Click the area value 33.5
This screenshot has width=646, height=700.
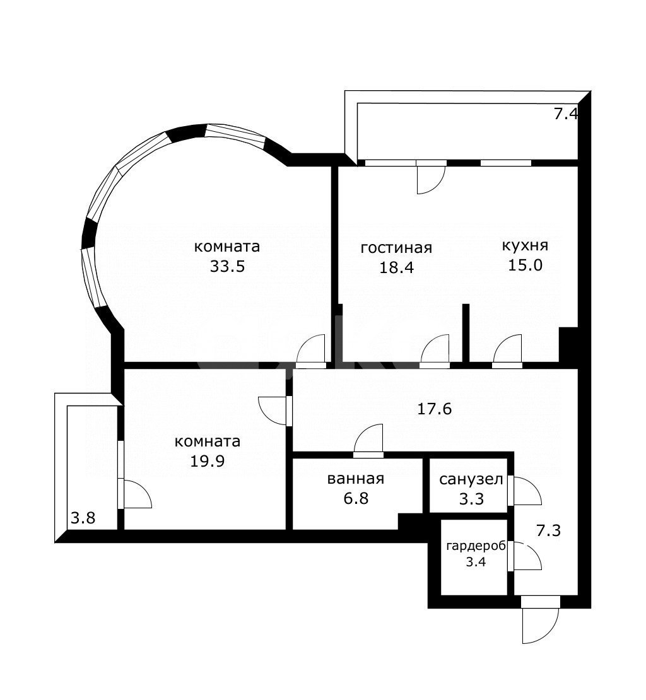[x=226, y=266]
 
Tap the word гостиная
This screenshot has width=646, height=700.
[x=396, y=247]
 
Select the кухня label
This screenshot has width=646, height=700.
[x=525, y=245]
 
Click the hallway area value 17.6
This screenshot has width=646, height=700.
[x=434, y=409]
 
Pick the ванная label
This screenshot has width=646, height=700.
[x=355, y=479]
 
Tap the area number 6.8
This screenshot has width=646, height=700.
[x=355, y=498]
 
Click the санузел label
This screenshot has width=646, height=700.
[x=471, y=479]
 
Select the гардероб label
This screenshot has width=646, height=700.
[x=476, y=547]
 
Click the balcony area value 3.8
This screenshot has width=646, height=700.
[x=83, y=518]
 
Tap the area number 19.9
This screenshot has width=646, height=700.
[x=207, y=460]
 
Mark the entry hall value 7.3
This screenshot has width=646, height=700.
[x=548, y=530]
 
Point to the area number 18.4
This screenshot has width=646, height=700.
[x=396, y=267]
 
